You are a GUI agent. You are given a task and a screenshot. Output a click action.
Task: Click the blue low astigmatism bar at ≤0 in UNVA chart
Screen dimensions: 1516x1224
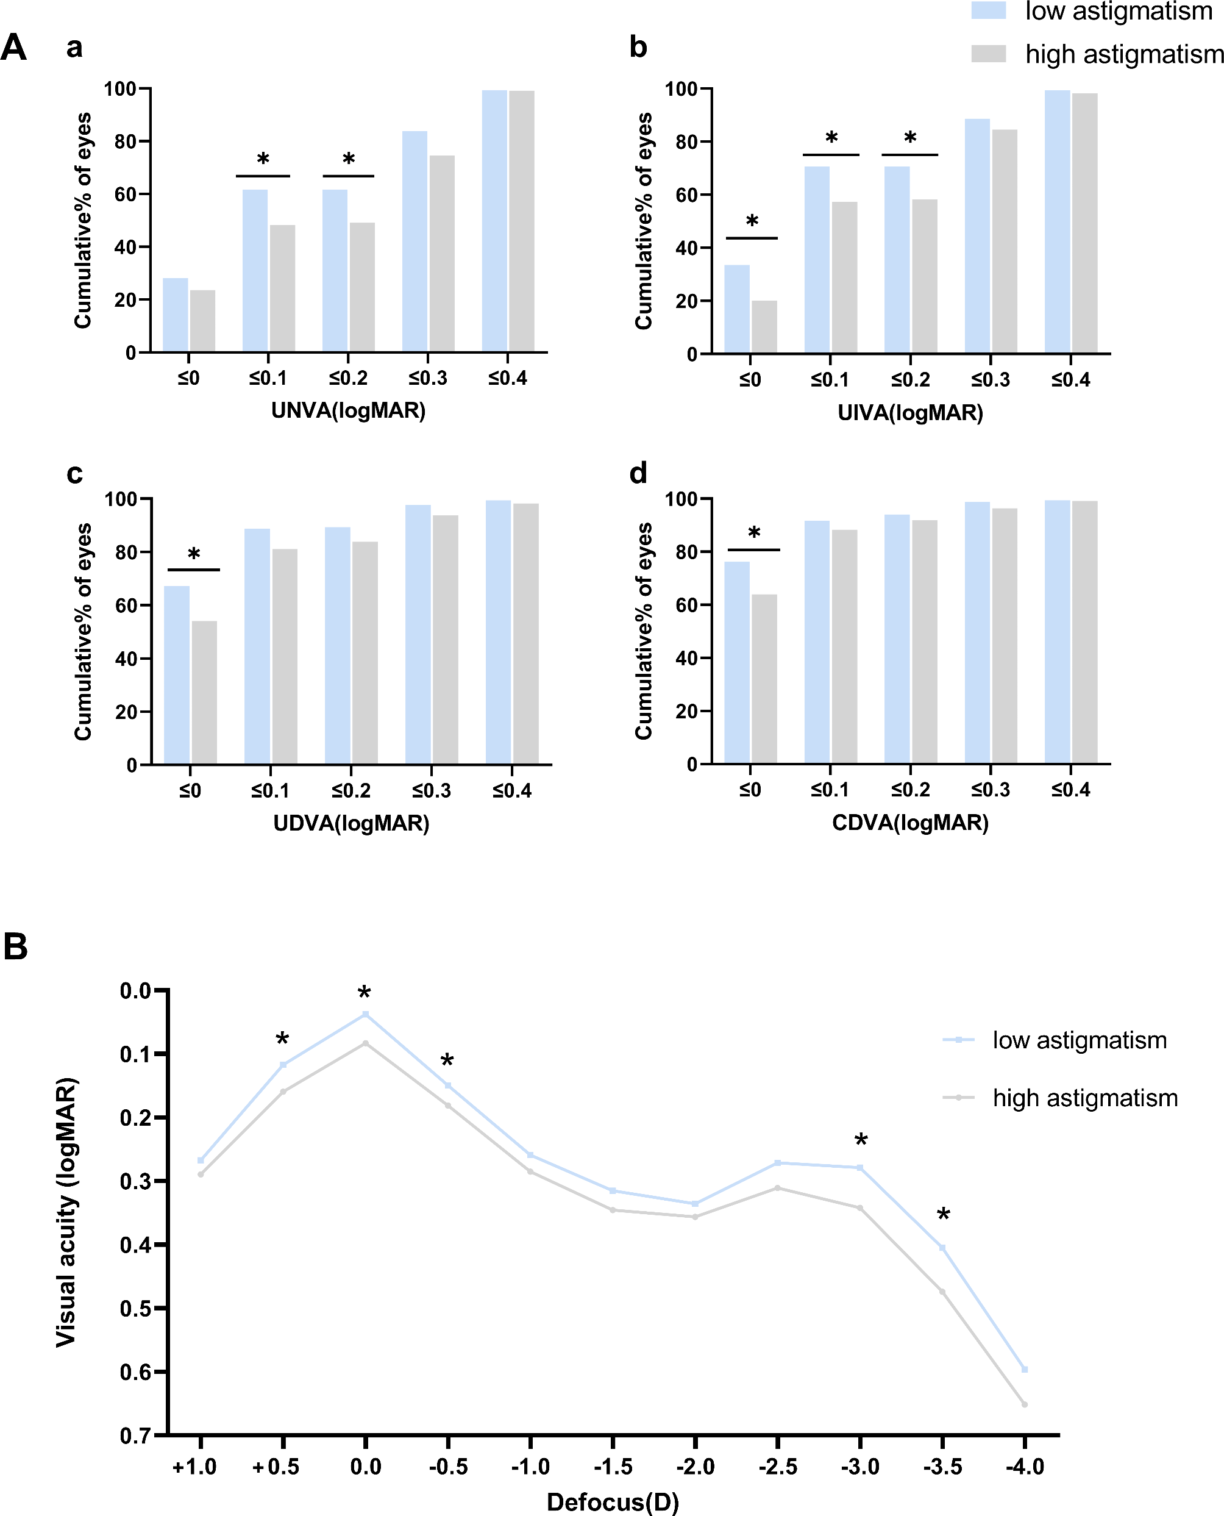click(175, 315)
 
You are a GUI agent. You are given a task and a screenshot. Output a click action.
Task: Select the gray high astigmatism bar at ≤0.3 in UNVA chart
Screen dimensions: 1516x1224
click(442, 254)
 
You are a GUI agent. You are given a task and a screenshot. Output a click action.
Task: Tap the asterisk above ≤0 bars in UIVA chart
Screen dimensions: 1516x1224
click(752, 221)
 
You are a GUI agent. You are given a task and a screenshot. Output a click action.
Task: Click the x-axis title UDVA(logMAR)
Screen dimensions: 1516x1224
click(351, 823)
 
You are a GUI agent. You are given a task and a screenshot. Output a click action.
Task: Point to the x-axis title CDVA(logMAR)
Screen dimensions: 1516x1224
click(910, 823)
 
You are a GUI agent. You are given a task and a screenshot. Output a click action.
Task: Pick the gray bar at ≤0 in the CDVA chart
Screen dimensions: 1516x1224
click(764, 679)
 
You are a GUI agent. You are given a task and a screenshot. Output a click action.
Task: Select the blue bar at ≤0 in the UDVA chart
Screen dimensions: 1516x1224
click(176, 675)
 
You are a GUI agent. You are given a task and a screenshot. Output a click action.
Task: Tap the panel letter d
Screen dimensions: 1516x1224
click(638, 473)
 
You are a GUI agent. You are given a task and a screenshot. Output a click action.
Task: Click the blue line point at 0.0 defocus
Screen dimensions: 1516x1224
click(365, 1015)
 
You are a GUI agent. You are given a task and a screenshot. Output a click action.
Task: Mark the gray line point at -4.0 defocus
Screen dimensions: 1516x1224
click(1025, 1404)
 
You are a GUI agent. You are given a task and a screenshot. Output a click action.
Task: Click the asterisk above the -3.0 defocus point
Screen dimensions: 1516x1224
click(861, 1141)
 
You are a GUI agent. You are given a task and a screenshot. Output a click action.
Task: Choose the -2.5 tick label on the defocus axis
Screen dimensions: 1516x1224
click(778, 1467)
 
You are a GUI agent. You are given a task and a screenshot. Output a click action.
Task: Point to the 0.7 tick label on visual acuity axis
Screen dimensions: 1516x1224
click(135, 1436)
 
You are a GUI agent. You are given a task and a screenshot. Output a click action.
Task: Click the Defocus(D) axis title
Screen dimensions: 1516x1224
click(613, 1502)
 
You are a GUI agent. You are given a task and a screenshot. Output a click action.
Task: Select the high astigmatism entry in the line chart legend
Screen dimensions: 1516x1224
click(1085, 1098)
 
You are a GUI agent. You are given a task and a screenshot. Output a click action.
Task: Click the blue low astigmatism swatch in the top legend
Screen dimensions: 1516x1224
click(989, 10)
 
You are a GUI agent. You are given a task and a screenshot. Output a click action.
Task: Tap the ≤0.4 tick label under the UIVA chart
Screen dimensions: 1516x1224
click(1070, 381)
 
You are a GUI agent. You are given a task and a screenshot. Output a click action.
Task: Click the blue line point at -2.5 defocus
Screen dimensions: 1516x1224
click(778, 1162)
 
